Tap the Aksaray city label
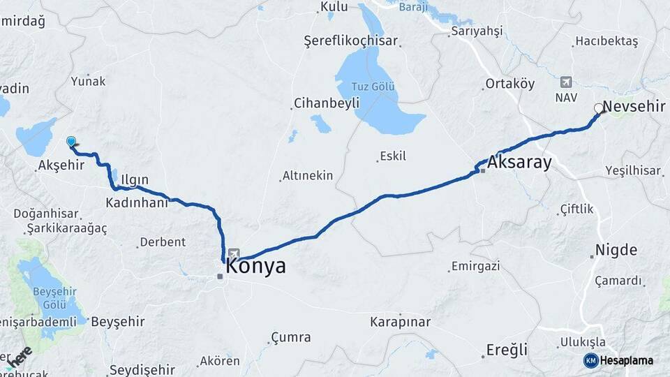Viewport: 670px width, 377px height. pos(519,163)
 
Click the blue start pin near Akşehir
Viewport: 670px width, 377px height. pos(70,142)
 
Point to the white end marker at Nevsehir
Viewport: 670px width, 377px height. pos(598,108)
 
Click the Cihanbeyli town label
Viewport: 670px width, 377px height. pos(327,103)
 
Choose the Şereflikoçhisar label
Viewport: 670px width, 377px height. pos(351,41)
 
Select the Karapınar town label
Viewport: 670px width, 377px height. pos(400,323)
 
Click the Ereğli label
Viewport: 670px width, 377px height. pos(506,349)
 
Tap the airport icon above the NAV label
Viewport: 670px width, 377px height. pos(565,82)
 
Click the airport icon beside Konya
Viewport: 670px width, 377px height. pos(234,255)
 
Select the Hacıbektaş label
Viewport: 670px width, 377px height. pos(606,42)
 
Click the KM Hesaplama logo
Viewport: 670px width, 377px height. pos(618,360)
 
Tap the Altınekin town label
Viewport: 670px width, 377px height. pos(308,176)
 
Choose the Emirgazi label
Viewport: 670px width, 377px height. pos(476,266)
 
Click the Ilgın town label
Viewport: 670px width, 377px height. pos(135,180)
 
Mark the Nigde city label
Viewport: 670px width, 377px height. pos(616,250)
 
